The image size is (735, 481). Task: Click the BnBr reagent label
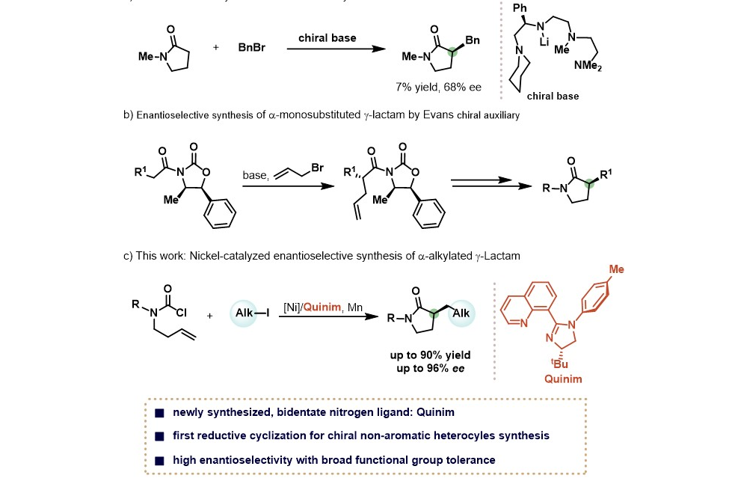(x=250, y=47)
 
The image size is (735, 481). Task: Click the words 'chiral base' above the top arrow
(x=327, y=37)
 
